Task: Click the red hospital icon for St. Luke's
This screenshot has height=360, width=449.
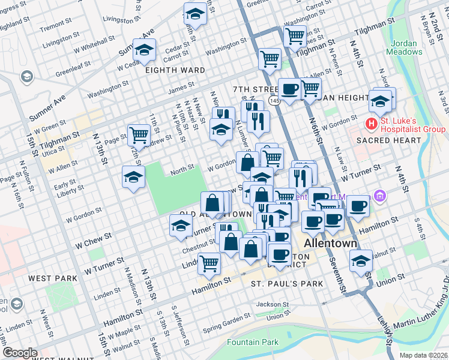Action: (x=372, y=124)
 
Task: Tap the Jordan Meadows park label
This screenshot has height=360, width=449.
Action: (x=406, y=47)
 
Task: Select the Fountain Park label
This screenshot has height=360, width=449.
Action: (x=253, y=342)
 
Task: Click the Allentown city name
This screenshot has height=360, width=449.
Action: (x=331, y=244)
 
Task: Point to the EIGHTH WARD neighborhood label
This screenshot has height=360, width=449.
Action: (x=175, y=70)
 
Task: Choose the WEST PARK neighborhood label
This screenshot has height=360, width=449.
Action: (x=53, y=278)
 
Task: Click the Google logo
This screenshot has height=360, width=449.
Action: (x=20, y=353)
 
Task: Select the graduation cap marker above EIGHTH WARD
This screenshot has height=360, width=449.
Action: (x=144, y=50)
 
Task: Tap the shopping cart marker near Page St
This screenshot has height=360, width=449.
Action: (x=139, y=134)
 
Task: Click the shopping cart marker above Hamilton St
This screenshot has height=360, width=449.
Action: (x=209, y=262)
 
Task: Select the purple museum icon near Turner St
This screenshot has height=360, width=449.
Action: (x=379, y=196)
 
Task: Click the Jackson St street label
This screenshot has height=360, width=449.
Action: (x=273, y=304)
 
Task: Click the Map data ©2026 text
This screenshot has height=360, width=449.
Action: (x=423, y=355)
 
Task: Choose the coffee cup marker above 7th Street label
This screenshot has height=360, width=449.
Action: (x=289, y=89)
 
